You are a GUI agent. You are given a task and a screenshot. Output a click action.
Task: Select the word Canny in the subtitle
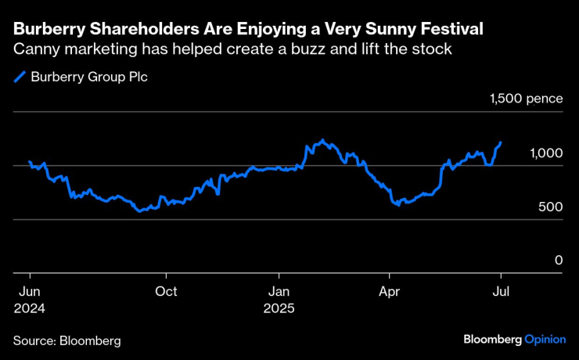coord(35,50)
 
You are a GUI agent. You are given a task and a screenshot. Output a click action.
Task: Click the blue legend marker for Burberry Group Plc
coord(20,77)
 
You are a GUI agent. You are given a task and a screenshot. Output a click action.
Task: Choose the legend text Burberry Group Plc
coord(88,77)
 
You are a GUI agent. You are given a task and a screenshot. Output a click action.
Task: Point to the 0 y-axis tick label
coord(559,260)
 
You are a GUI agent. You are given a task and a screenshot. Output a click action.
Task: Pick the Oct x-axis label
coord(166,291)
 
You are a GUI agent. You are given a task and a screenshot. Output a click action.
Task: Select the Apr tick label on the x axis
coord(389,291)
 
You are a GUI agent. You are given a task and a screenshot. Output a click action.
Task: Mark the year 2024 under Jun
coord(30,308)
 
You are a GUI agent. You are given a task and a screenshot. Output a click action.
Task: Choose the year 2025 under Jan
coord(279,308)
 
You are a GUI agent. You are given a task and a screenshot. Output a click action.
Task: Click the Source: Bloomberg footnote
coord(67,341)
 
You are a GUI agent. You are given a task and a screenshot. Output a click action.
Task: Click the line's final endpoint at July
coord(501,143)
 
